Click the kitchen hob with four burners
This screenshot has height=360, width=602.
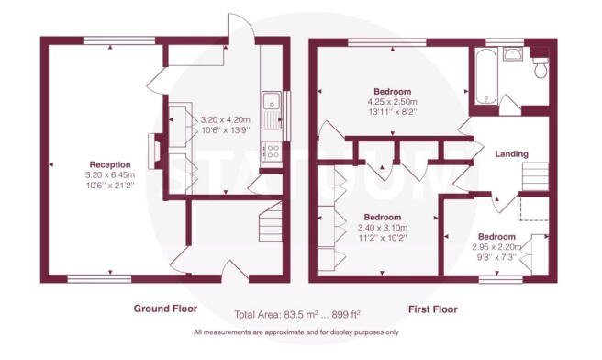[272, 151]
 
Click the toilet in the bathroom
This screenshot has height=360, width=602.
[540, 67]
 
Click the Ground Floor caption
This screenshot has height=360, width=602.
[165, 309]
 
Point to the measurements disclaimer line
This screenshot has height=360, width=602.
[296, 332]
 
